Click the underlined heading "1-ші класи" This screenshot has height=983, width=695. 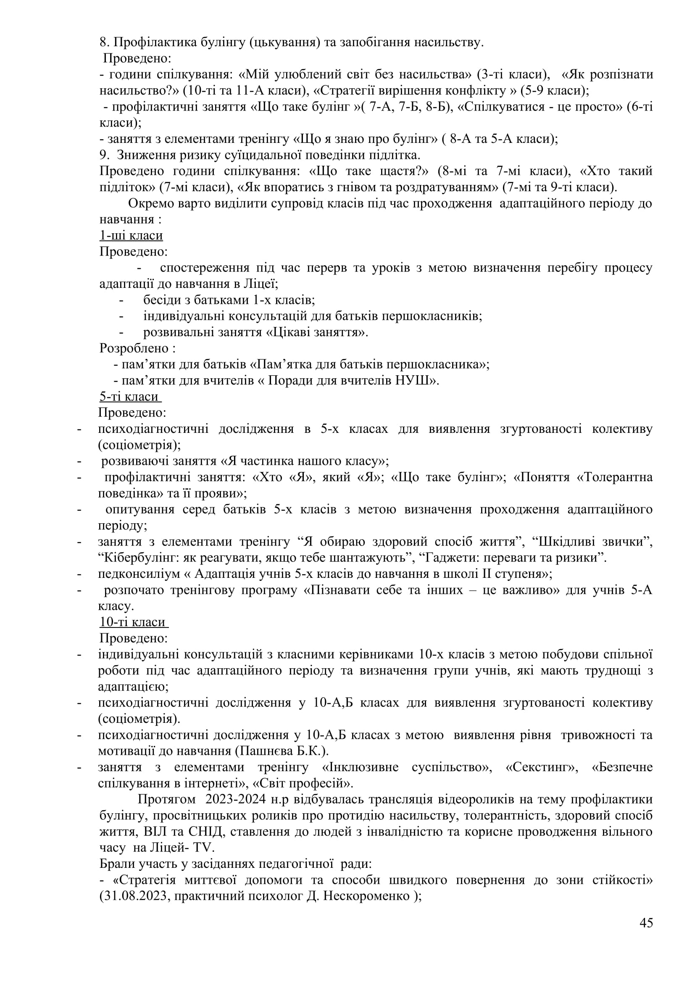point(131,235)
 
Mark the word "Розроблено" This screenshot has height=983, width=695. point(134,348)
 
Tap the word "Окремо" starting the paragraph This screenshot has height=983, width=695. point(151,203)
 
